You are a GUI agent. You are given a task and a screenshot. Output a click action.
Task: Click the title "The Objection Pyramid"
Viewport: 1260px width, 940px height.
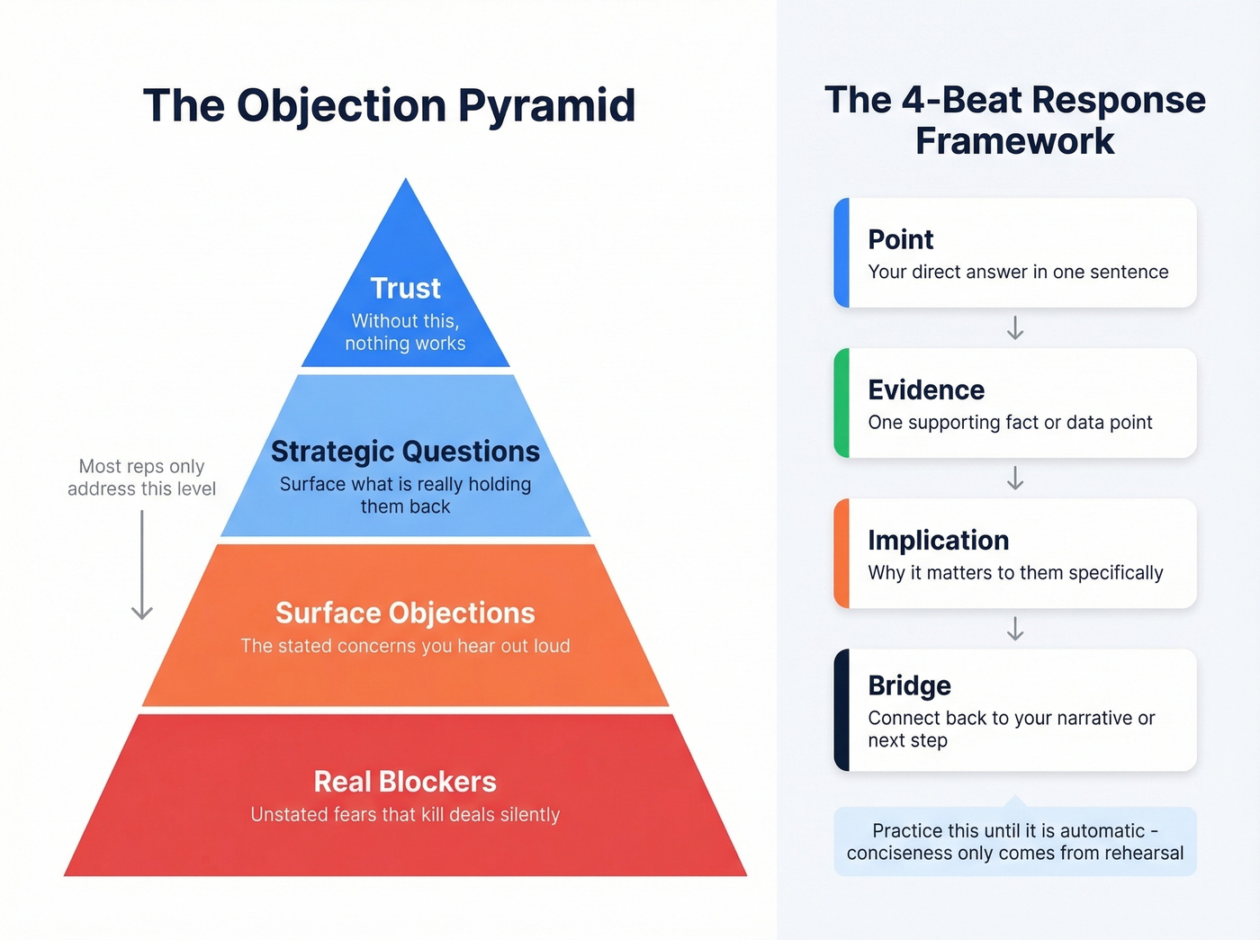(x=389, y=105)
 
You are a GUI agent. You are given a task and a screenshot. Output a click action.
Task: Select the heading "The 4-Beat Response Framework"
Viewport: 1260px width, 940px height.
(x=1014, y=121)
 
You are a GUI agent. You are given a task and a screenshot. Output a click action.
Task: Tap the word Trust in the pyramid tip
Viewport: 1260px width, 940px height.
(x=405, y=288)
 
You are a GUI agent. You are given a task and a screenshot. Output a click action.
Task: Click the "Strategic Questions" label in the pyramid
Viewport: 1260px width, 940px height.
(x=405, y=451)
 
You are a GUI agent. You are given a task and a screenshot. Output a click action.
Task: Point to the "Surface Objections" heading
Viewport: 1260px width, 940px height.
(x=405, y=613)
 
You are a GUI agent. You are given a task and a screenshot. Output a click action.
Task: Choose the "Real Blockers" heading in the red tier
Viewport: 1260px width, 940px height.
(x=405, y=781)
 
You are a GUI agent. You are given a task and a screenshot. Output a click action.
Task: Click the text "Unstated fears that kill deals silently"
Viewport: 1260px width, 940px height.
(x=405, y=815)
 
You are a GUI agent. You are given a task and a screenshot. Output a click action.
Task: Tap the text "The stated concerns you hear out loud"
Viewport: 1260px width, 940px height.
(x=405, y=646)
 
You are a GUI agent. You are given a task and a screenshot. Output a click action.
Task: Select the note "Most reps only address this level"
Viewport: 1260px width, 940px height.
(x=142, y=478)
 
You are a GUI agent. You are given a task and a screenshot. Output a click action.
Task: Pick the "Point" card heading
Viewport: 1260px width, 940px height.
(x=900, y=239)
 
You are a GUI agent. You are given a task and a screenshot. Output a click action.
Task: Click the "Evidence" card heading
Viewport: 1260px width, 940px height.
(x=926, y=389)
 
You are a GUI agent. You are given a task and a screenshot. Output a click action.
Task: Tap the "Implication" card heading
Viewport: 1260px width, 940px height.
(x=938, y=540)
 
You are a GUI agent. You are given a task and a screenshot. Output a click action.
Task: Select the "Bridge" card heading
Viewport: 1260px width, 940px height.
(x=909, y=685)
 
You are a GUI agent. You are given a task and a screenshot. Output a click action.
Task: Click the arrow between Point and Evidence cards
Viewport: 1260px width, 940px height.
(x=1015, y=327)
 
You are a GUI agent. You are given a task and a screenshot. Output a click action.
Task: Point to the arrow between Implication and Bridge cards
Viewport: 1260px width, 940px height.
(x=1015, y=628)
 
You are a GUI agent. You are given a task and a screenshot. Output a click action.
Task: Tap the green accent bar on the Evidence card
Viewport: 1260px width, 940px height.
(x=841, y=403)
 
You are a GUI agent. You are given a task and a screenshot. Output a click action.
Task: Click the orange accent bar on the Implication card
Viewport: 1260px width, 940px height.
(x=841, y=553)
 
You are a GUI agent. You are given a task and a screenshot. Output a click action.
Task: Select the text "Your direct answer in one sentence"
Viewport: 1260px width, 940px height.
(x=1018, y=272)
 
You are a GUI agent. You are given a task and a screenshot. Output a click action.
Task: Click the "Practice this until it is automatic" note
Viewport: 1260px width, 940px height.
(x=1015, y=842)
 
